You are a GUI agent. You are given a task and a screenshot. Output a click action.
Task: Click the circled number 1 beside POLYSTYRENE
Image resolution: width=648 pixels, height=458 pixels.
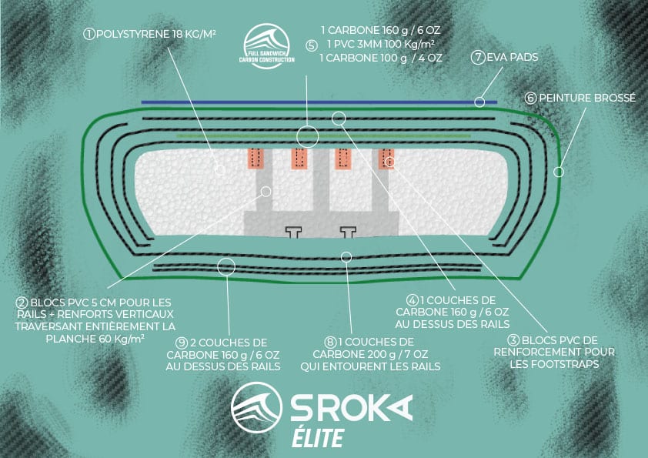(x=89, y=34)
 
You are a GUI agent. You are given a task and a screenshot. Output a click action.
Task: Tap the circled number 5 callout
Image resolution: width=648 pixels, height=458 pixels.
(x=312, y=45)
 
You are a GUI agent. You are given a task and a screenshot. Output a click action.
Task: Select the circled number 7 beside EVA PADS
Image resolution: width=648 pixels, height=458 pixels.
(x=478, y=57)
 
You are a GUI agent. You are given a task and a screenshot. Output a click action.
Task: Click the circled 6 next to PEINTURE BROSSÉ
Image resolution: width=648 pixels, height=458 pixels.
(x=530, y=98)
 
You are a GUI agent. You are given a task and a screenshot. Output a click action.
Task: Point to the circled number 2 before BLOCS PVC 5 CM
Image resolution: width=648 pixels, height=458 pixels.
(x=22, y=303)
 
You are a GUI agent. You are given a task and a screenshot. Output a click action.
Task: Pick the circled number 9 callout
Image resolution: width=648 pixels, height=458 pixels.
(x=182, y=343)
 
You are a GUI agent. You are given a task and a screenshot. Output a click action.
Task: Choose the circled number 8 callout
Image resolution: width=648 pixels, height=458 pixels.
(x=330, y=343)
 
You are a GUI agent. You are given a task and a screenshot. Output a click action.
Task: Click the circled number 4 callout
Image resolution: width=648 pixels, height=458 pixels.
(x=413, y=300)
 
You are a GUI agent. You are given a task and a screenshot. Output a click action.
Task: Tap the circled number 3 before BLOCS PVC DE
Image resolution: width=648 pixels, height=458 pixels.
(x=513, y=340)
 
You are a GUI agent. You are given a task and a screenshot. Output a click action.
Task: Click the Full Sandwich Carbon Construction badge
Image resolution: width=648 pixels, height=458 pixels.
(x=266, y=46)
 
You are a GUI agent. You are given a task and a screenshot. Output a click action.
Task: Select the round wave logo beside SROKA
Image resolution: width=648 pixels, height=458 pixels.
(x=256, y=407)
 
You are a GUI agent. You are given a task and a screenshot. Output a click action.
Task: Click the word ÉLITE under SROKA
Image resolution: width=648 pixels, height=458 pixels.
(x=318, y=438)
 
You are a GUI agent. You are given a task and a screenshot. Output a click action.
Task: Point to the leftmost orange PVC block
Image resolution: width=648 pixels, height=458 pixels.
(x=256, y=159)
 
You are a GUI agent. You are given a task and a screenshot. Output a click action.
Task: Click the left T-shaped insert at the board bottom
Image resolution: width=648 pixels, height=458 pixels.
(x=294, y=232)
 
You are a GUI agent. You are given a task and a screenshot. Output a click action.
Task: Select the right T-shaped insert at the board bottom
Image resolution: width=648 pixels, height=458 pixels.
(x=348, y=232)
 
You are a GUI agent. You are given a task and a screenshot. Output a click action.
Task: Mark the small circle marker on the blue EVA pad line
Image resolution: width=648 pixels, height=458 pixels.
(x=479, y=102)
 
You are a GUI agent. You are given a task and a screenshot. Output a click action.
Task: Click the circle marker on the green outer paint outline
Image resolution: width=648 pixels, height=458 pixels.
(x=558, y=171)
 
